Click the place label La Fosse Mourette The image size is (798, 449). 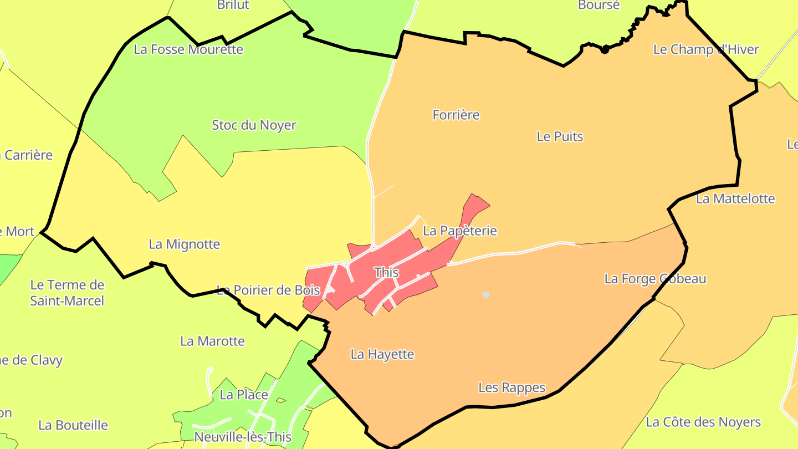188,49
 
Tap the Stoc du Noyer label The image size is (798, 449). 254,125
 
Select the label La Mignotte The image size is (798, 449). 185,244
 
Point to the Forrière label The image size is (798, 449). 456,115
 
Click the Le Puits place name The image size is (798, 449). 560,136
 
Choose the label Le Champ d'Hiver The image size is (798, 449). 706,49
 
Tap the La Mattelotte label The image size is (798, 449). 735,198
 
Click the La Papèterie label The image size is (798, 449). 460,231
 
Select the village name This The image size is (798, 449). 386,272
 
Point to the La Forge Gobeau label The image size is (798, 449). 655,278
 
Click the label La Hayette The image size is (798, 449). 382,354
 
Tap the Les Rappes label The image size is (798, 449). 512,387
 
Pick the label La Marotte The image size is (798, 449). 212,341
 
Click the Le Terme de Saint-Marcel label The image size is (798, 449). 67,293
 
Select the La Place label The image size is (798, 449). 244,395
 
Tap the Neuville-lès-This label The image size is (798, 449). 243,437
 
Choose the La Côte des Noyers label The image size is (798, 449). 703,422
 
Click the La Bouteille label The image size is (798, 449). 73,425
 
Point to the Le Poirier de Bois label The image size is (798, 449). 268,290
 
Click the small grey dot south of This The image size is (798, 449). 486,295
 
